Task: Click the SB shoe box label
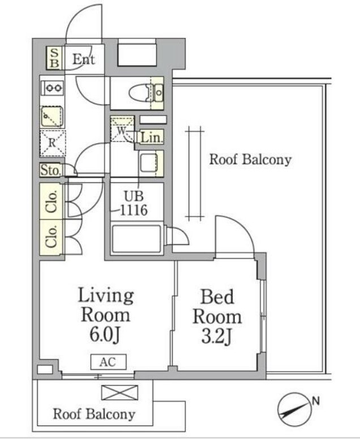point(54,58)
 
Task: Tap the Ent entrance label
point(83,59)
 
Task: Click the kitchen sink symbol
point(52,116)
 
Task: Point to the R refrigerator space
point(53,143)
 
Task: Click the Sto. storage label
point(50,170)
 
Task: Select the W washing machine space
point(122,130)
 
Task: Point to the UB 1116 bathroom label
point(134,203)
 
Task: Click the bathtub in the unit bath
point(136,239)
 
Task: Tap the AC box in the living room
point(109,361)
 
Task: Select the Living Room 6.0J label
point(106,315)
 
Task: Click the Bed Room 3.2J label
point(217,316)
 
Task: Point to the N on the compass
point(316,401)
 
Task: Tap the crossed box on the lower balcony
point(119,392)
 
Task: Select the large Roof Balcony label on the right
point(250,160)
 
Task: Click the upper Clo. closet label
point(52,201)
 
